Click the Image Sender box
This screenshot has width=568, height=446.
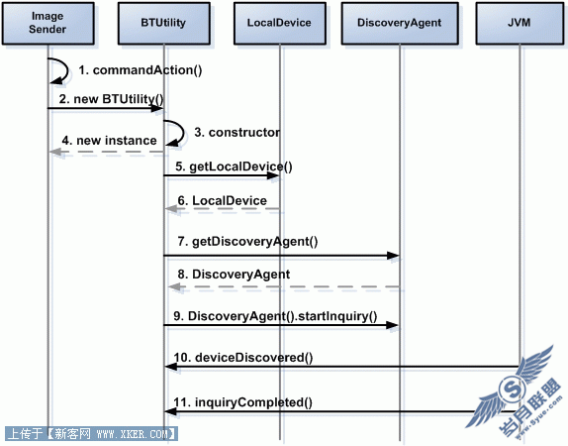click(x=48, y=23)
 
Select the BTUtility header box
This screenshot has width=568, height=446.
click(x=163, y=23)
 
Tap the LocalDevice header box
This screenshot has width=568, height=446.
click(x=280, y=23)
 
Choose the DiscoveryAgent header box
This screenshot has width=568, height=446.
click(x=400, y=23)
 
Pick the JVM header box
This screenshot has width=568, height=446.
click(x=520, y=23)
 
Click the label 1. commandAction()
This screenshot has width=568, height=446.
click(x=141, y=70)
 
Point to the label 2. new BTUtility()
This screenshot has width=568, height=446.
click(x=112, y=99)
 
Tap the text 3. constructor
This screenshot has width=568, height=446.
click(x=237, y=132)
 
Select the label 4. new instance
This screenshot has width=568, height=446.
click(x=110, y=140)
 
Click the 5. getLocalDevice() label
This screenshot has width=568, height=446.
click(x=234, y=167)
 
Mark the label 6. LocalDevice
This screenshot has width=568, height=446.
click(x=222, y=200)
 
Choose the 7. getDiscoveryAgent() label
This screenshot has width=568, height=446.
click(x=247, y=241)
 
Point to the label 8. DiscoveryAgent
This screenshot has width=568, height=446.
click(x=234, y=274)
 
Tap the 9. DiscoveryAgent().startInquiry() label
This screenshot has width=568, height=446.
click(x=275, y=316)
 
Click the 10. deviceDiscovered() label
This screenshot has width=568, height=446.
click(x=243, y=358)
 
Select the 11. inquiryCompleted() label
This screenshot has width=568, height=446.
click(x=242, y=402)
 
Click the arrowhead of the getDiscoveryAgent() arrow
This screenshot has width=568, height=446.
click(x=393, y=256)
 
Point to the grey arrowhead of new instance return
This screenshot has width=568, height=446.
click(x=55, y=152)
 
